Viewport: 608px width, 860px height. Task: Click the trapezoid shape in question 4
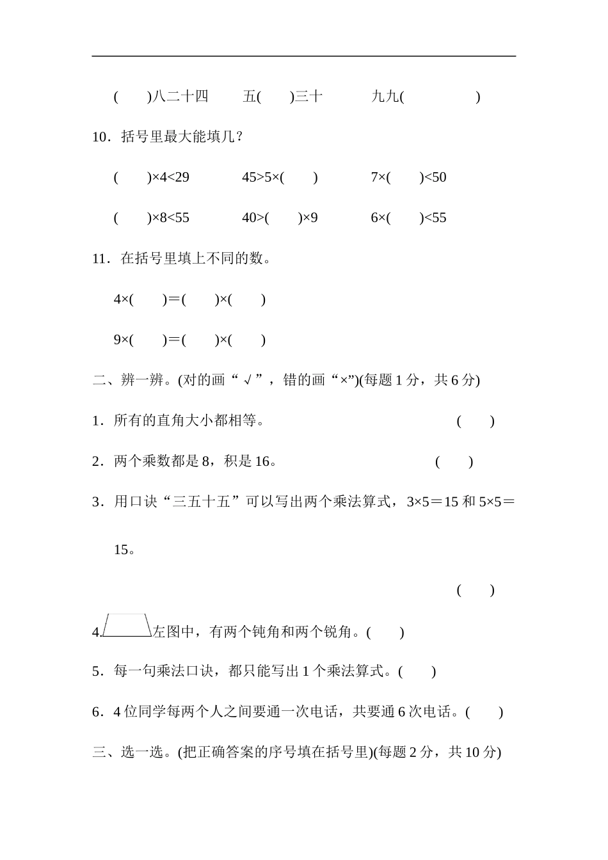click(x=127, y=626)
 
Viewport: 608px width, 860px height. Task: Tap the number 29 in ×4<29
click(x=182, y=177)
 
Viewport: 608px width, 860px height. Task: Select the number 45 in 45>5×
click(x=249, y=177)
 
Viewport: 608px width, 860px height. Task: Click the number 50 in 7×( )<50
click(x=439, y=177)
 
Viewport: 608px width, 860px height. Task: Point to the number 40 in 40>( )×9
click(x=249, y=218)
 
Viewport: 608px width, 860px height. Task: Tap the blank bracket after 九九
click(x=442, y=97)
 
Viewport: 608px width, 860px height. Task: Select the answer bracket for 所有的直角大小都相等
click(x=476, y=421)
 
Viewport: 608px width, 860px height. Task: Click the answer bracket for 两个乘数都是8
click(x=454, y=461)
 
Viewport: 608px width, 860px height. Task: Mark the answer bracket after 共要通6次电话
click(x=484, y=712)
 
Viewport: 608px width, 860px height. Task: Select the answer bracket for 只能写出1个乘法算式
click(x=417, y=671)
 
